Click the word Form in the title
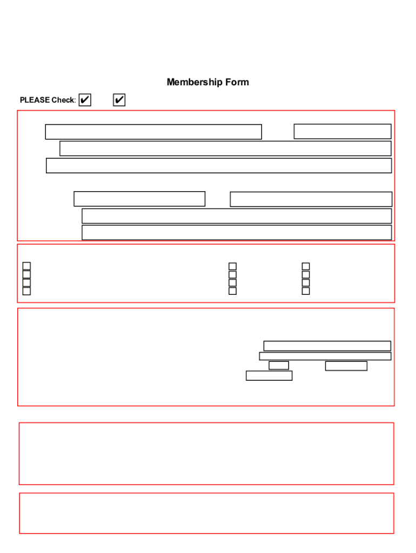pyautogui.click(x=237, y=82)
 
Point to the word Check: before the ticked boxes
pyautogui.click(x=64, y=100)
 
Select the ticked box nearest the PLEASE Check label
pyautogui.click(x=85, y=100)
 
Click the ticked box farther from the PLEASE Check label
pyautogui.click(x=119, y=100)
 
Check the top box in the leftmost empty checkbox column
pyautogui.click(x=26, y=266)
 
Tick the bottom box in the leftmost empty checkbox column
pyautogui.click(x=26, y=291)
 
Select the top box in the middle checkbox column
pyautogui.click(x=232, y=266)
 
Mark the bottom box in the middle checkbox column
pyautogui.click(x=232, y=291)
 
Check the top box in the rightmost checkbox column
pyautogui.click(x=306, y=266)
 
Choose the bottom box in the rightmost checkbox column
pyautogui.click(x=306, y=291)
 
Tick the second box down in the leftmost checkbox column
pyautogui.click(x=26, y=274)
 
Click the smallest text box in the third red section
pyautogui.click(x=279, y=366)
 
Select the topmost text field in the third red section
pyautogui.click(x=327, y=346)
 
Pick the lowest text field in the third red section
pyautogui.click(x=269, y=376)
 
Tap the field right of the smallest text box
pyautogui.click(x=346, y=366)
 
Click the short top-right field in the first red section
pyautogui.click(x=343, y=131)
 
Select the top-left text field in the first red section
pyautogui.click(x=153, y=132)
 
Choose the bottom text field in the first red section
pyautogui.click(x=237, y=232)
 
